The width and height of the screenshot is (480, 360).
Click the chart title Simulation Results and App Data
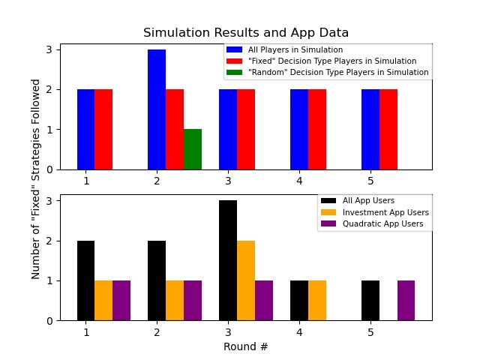pos(246,33)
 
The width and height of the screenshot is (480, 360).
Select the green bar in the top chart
pos(193,149)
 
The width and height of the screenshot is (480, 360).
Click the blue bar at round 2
pos(157,109)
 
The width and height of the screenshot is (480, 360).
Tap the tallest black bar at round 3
pos(228,260)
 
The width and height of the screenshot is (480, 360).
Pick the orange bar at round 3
pos(246,280)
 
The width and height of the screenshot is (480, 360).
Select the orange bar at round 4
pos(317,300)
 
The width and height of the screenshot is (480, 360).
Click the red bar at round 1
pos(103,129)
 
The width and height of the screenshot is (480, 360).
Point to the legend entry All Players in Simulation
pos(293,49)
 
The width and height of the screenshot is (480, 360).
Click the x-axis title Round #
pos(246,346)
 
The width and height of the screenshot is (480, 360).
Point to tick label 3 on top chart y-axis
pos(49,50)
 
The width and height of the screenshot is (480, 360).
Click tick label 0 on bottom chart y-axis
pos(49,320)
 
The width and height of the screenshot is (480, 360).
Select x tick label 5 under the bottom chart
pos(370,331)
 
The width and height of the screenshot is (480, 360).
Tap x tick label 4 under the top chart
pos(299,181)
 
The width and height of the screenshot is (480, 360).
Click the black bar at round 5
pos(370,300)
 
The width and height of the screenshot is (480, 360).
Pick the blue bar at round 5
pos(370,129)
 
